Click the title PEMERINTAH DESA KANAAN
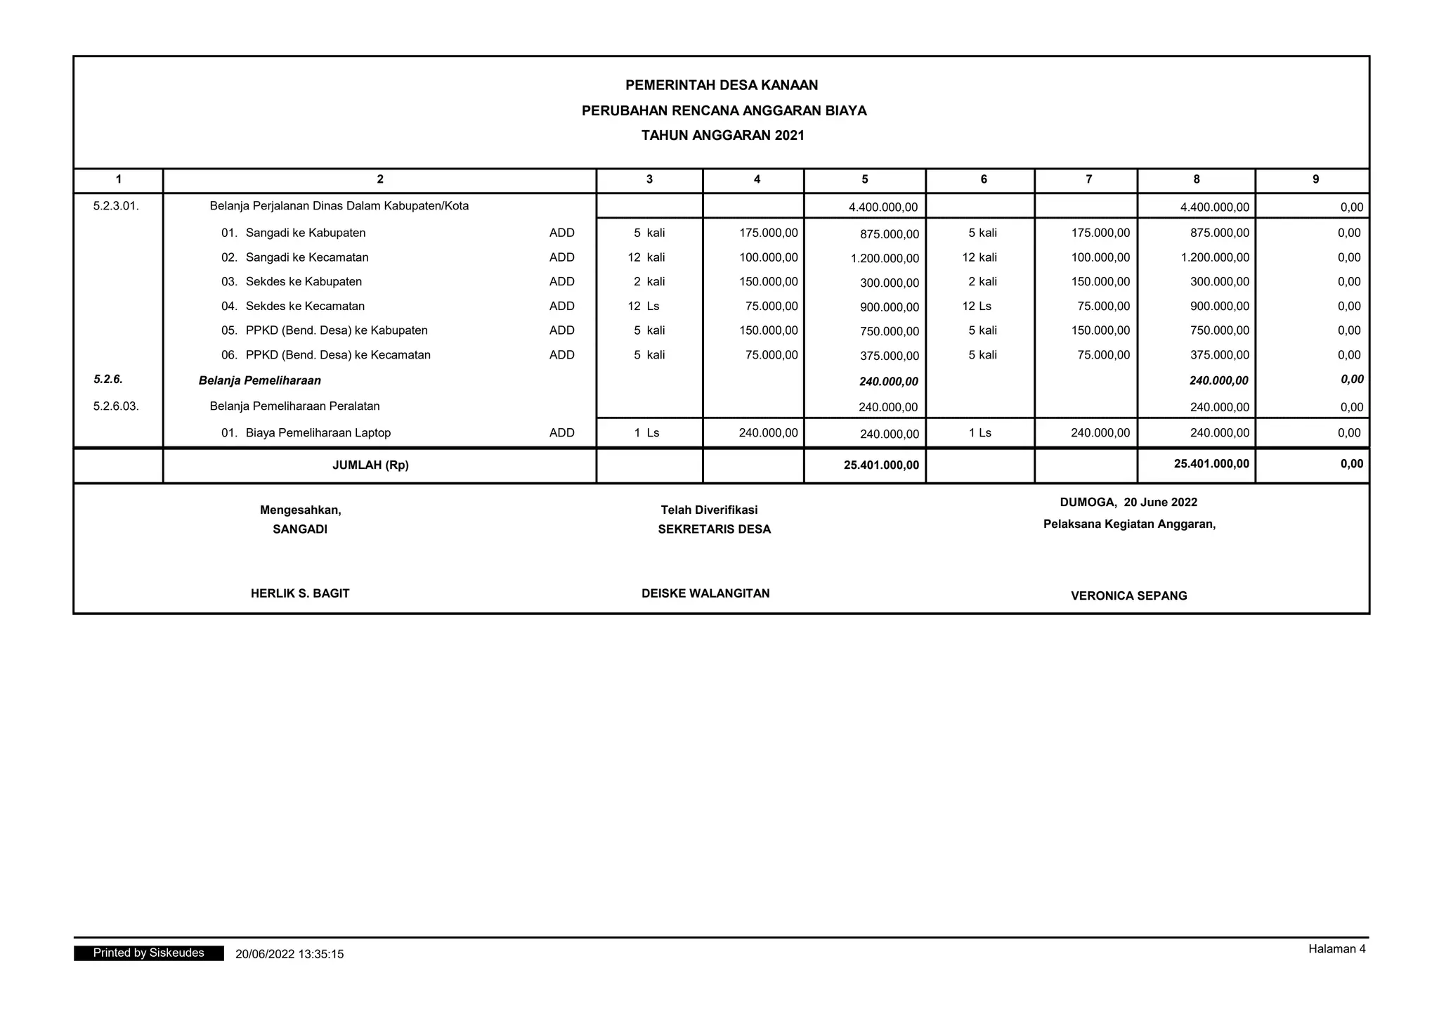pyautogui.click(x=722, y=85)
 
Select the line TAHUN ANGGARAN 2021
pyautogui.click(x=722, y=136)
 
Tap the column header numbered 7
pyautogui.click(x=1088, y=179)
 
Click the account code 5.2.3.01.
pyautogui.click(x=116, y=206)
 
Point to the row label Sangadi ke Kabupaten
pyautogui.click(x=305, y=233)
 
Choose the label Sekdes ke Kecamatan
pyautogui.click(x=305, y=306)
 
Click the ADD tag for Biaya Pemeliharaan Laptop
pyautogui.click(x=561, y=433)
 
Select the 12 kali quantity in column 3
pyautogui.click(x=646, y=257)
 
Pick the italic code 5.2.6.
pyautogui.click(x=108, y=380)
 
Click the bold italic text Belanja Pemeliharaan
pyautogui.click(x=259, y=380)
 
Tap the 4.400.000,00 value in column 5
pyautogui.click(x=883, y=207)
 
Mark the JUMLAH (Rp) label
pyautogui.click(x=370, y=465)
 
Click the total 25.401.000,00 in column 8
pyautogui.click(x=1211, y=464)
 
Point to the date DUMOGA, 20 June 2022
pyautogui.click(x=1128, y=502)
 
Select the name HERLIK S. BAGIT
pyautogui.click(x=300, y=593)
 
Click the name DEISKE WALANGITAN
pyautogui.click(x=705, y=593)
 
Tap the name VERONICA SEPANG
pyautogui.click(x=1128, y=595)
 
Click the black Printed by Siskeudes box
pyautogui.click(x=148, y=953)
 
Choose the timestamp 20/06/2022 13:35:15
pyautogui.click(x=289, y=954)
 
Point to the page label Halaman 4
pyautogui.click(x=1336, y=949)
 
